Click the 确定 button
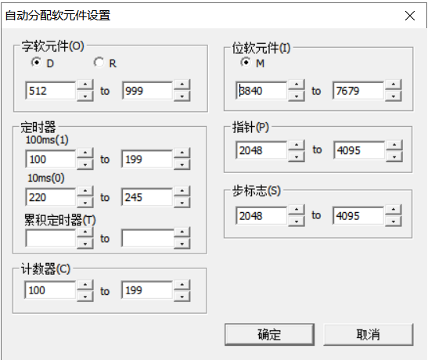[x=269, y=334]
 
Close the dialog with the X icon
[x=410, y=16]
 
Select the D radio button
[x=36, y=62]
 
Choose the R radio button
[x=99, y=62]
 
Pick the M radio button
[x=246, y=62]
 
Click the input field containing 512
[x=51, y=91]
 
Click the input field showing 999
[x=147, y=91]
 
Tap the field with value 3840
[x=261, y=91]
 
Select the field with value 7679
[x=358, y=91]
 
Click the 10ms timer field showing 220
[x=51, y=197]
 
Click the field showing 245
[x=147, y=197]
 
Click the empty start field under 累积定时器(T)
[x=51, y=238]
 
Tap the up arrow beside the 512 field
[x=85, y=85]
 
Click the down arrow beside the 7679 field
[x=394, y=96]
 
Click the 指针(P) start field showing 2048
[x=261, y=150]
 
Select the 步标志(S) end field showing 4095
[x=358, y=216]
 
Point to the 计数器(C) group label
[x=46, y=268]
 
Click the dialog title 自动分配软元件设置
[x=58, y=16]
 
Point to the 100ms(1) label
[x=47, y=139]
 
